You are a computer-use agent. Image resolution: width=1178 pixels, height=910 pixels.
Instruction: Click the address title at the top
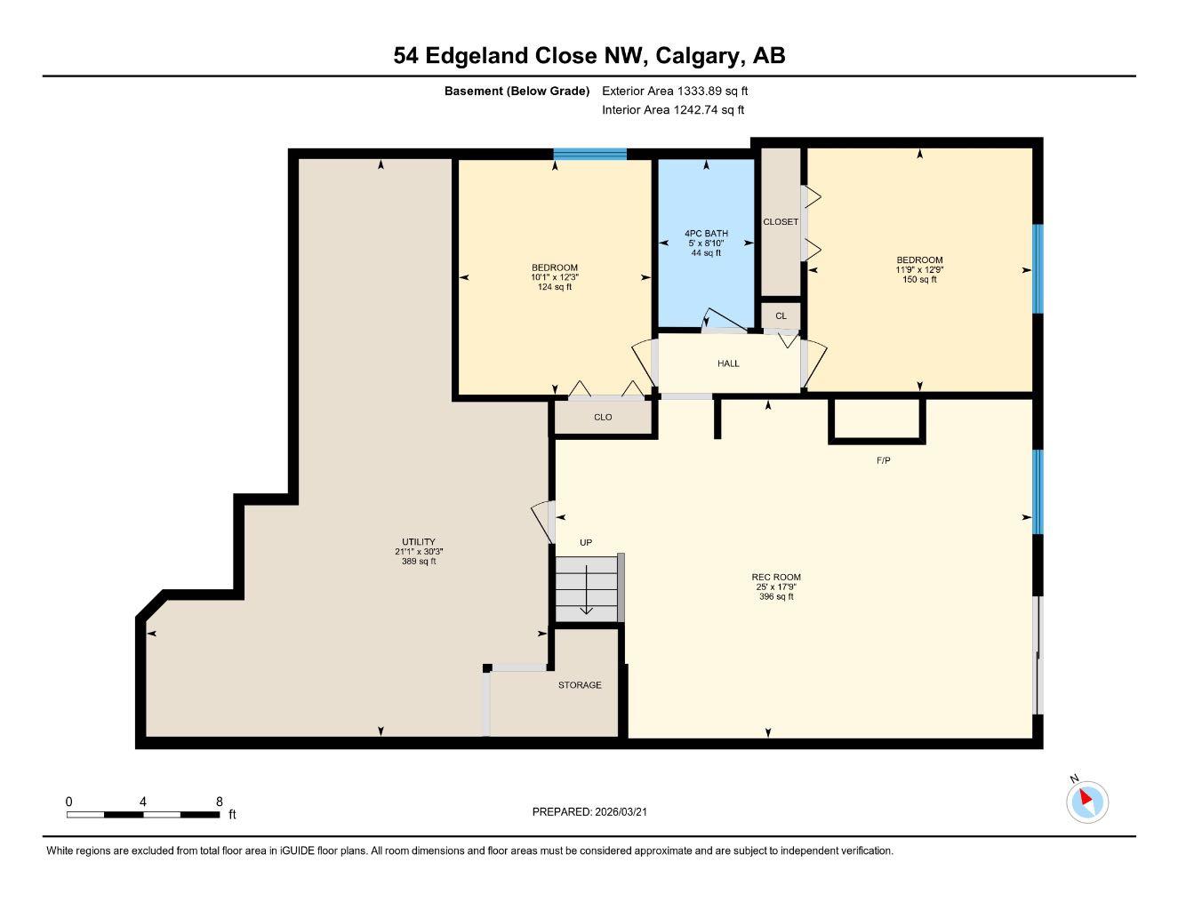[589, 56]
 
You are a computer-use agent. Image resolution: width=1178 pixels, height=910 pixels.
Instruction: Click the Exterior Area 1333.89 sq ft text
[675, 91]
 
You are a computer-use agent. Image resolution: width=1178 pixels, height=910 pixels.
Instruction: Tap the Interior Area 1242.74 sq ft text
[672, 110]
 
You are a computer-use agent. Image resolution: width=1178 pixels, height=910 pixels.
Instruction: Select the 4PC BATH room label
[706, 234]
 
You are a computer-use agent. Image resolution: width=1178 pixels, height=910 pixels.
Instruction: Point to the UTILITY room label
[418, 542]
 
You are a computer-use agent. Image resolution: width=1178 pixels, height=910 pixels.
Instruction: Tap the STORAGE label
[580, 685]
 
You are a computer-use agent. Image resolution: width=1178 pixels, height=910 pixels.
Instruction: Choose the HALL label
[728, 363]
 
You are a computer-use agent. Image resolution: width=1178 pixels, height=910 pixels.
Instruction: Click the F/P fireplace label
[883, 460]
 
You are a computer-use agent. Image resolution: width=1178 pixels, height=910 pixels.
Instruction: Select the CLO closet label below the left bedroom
[603, 417]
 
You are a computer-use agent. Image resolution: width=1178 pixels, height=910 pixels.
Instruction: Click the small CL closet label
[781, 315]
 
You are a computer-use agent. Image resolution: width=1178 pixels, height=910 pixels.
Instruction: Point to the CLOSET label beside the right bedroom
[781, 222]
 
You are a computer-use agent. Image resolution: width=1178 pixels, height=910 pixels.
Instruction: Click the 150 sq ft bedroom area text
[919, 279]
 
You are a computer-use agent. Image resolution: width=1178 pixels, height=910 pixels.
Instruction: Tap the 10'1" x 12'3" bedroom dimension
[555, 277]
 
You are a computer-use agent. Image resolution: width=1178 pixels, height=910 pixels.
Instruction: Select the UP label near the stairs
[586, 542]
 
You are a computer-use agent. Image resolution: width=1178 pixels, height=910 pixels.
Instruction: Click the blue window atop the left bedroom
[589, 154]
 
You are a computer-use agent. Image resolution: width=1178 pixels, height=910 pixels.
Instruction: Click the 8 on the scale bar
[220, 801]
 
